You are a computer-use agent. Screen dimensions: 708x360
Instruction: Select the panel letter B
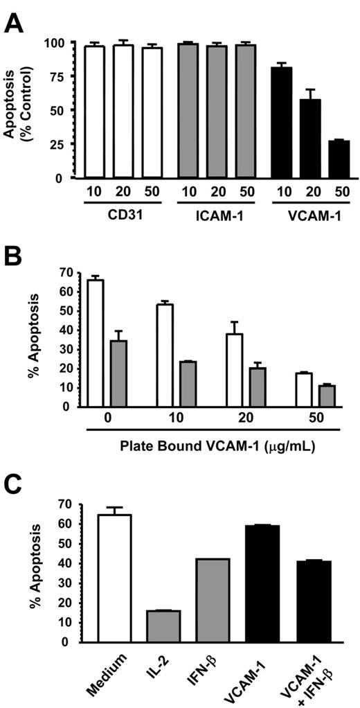click(x=15, y=258)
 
